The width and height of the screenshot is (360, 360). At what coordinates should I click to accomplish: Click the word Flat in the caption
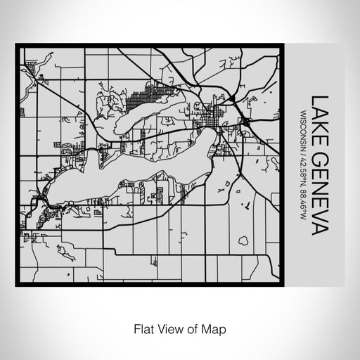click(x=143, y=328)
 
